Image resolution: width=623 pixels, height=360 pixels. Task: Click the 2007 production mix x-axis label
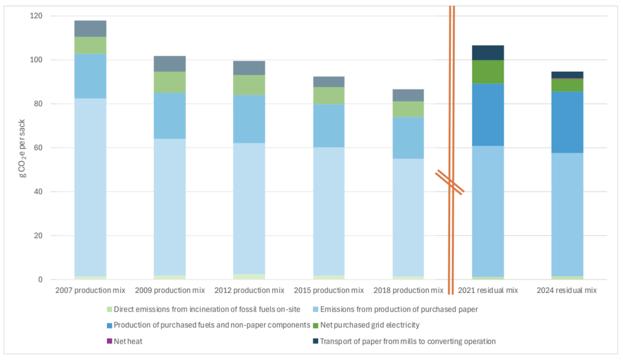tap(90, 290)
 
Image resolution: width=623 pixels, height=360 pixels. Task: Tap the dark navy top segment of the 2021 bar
tap(488, 53)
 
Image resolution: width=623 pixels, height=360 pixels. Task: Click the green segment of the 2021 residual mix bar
tap(488, 72)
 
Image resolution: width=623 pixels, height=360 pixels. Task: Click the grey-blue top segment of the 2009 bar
tap(170, 64)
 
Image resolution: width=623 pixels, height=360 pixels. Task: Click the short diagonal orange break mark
tap(450, 182)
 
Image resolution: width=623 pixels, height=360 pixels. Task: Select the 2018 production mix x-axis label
tap(408, 290)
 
